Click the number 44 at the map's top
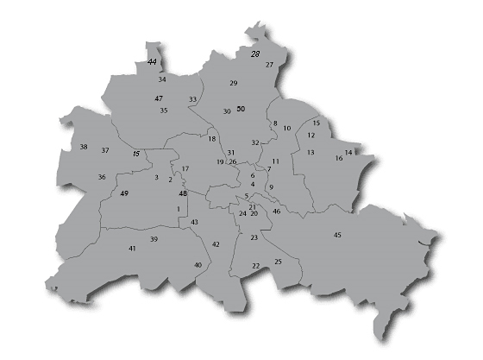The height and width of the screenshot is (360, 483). point(153,63)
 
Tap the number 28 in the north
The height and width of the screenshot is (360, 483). point(255,54)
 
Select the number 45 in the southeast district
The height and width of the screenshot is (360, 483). point(337,235)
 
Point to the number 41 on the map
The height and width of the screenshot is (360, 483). point(132,249)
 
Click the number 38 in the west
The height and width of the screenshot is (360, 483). point(84,147)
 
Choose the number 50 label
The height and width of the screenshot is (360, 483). point(241,109)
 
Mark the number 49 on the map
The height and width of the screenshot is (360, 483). point(125,193)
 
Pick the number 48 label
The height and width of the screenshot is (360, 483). point(183,193)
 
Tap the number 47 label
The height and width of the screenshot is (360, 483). point(159,99)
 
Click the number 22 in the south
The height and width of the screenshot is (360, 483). point(256,267)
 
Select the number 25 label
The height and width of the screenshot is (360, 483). point(278,262)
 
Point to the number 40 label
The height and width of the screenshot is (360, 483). point(198,265)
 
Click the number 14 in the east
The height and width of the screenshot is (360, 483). point(348,153)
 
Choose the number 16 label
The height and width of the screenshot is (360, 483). point(338,159)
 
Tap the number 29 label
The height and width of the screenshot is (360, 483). point(233,83)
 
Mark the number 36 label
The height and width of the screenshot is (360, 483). point(102,178)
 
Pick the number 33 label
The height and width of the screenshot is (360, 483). point(192,100)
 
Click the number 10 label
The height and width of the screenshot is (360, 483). point(287,129)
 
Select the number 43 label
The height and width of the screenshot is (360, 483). point(195,223)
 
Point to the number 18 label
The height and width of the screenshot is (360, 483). point(212,139)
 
